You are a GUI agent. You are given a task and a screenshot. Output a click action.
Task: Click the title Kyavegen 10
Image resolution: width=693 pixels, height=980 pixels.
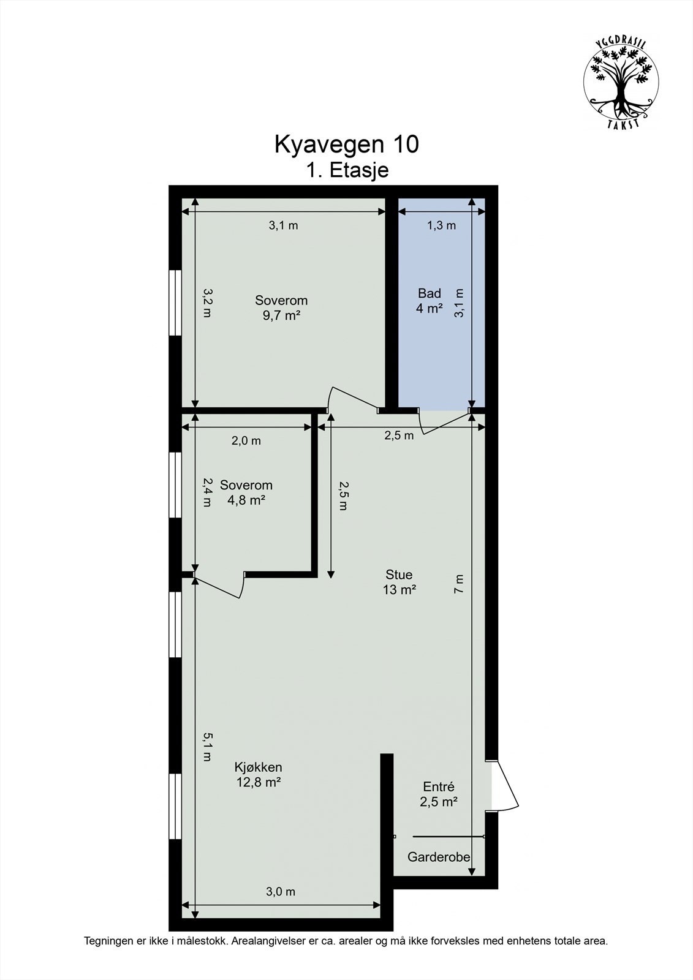pos(346,145)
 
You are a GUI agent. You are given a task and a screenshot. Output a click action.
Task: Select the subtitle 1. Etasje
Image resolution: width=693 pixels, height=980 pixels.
pos(347,170)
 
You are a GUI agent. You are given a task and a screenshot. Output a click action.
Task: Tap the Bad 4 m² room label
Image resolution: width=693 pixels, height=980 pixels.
pos(429,301)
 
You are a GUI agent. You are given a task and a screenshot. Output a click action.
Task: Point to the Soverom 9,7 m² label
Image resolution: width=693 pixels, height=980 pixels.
pos(281,307)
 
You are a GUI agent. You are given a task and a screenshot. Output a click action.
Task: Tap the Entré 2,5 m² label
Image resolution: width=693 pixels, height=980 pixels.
pos(439,794)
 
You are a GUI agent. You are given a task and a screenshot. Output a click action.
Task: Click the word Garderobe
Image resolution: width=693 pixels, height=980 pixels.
pos(439,857)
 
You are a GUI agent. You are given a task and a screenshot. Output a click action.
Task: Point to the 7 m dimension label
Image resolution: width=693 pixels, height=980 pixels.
pos(460,584)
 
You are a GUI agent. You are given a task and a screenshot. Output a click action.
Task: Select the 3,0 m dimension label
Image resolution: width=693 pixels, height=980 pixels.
pos(281,892)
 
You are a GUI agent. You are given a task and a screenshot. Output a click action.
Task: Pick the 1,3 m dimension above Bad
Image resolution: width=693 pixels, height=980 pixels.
pos(441,225)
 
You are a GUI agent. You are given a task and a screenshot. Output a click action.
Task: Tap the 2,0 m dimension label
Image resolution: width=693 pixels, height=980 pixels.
pos(246,440)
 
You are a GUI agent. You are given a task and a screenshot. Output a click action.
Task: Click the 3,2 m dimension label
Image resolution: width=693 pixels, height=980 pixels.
pos(206,303)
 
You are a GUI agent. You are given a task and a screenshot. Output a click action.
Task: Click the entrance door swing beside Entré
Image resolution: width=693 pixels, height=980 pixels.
pos(506,786)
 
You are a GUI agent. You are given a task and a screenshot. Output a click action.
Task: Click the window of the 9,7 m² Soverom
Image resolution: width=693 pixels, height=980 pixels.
pos(175,303)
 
